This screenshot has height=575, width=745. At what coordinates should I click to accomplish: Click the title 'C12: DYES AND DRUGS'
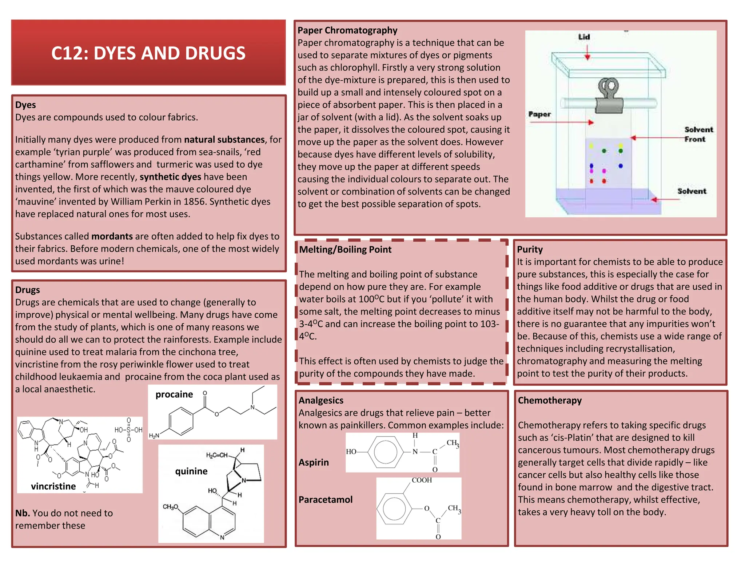coord(148,53)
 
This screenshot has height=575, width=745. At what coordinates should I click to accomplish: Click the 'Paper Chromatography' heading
coord(347,30)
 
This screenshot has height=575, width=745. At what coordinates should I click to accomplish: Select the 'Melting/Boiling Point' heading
coord(345,249)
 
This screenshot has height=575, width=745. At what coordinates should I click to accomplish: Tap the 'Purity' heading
coord(530,249)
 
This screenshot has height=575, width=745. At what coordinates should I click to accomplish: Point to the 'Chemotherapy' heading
coord(549,400)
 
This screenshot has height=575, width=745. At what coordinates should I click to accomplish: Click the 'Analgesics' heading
coord(321,400)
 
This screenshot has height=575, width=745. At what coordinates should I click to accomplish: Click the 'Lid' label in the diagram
coord(584,37)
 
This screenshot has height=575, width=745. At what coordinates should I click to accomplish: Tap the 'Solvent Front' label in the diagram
coord(698,134)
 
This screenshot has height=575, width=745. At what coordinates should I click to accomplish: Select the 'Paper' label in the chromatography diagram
coord(539,114)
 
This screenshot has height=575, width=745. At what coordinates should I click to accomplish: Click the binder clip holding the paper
coord(609,96)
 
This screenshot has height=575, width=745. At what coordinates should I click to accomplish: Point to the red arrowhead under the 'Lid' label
coord(587,57)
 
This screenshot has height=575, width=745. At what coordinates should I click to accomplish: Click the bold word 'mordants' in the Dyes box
coord(112,236)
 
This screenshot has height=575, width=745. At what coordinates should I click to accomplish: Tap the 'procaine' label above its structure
coord(174,394)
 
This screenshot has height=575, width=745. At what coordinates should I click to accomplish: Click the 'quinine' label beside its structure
coord(191,471)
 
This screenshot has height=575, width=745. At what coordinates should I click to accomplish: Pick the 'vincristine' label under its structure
coord(53,486)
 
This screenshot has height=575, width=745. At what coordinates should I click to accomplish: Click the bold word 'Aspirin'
coord(314,462)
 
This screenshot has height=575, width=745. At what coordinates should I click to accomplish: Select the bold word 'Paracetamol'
coord(325,499)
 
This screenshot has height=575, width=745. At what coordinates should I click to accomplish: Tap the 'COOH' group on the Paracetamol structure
coord(422,480)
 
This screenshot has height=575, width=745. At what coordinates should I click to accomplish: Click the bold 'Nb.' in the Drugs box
coord(22,513)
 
